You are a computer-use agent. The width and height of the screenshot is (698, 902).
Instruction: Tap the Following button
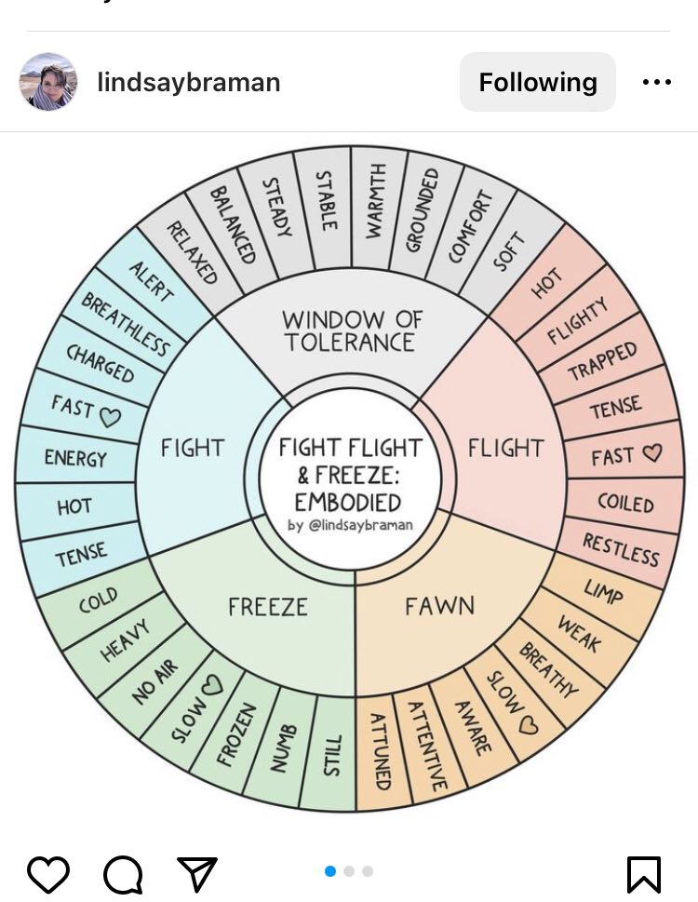click(538, 82)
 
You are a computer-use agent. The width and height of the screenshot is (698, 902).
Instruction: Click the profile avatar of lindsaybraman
click(47, 82)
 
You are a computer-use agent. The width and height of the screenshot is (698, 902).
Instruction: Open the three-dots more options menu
click(657, 82)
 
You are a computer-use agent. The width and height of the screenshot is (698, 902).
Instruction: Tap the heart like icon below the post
click(48, 875)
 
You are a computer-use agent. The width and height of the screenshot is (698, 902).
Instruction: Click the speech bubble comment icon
click(123, 875)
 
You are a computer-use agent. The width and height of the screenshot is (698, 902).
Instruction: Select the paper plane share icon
click(196, 874)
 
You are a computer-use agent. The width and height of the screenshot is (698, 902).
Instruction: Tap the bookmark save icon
click(643, 875)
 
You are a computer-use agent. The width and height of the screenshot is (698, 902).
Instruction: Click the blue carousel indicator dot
click(330, 871)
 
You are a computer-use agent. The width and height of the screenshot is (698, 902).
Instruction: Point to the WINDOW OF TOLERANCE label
click(351, 331)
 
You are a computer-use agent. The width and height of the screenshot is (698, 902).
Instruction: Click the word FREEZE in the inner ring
click(267, 607)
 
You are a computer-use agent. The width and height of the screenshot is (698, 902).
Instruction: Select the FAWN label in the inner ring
click(439, 607)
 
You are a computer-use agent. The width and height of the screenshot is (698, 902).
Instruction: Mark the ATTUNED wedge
click(380, 751)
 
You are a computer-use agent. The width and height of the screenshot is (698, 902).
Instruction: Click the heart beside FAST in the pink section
click(652, 453)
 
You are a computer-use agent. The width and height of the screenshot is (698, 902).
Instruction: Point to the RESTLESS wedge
click(621, 549)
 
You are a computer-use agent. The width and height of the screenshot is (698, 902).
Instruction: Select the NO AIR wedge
click(154, 680)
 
